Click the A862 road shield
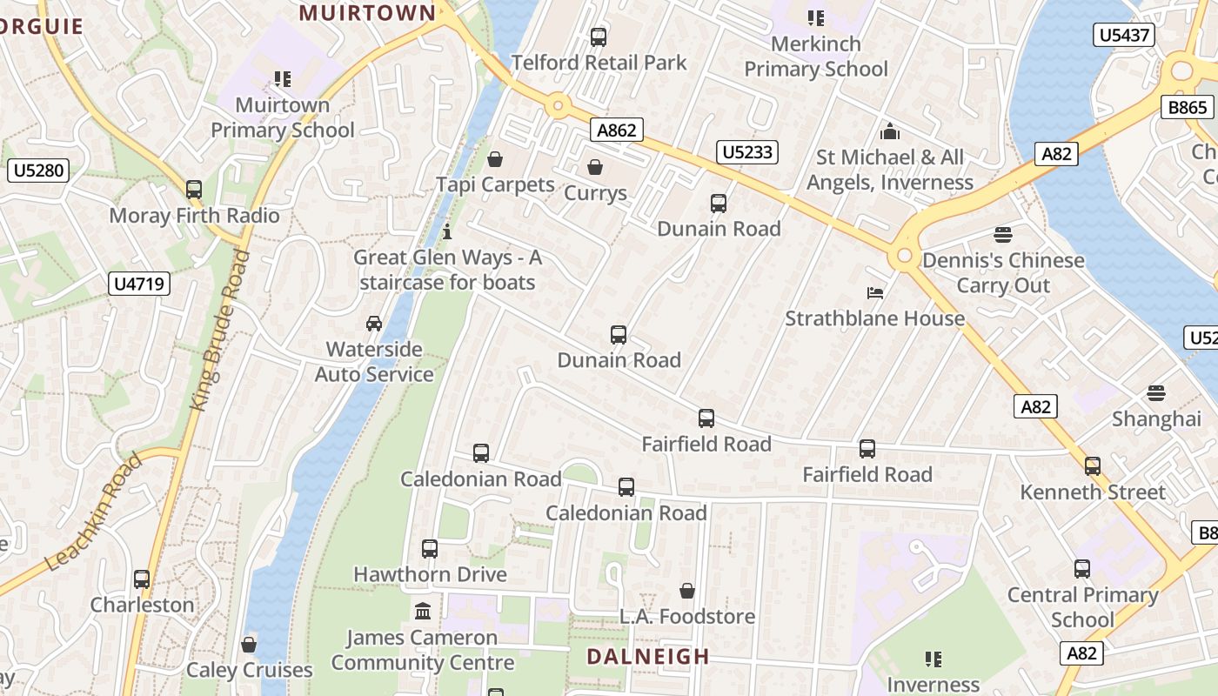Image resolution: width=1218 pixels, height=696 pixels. click(x=617, y=130)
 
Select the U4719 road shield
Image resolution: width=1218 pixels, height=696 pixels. click(x=139, y=284)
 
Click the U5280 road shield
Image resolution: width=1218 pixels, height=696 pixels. click(x=38, y=170)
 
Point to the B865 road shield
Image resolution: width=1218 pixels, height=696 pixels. click(x=1187, y=107)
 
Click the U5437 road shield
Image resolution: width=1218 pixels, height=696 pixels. click(x=1124, y=36)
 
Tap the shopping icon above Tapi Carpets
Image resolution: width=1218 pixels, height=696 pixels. click(x=495, y=159)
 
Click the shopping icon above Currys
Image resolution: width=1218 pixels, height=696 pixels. click(x=595, y=167)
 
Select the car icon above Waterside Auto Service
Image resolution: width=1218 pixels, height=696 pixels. click(x=374, y=324)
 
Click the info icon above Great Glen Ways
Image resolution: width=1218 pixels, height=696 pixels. click(x=447, y=231)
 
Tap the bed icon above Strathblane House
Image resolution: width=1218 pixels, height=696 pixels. click(x=875, y=292)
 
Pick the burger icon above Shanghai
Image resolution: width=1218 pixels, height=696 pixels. click(x=1156, y=393)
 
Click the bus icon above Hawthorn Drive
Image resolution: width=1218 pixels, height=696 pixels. click(x=430, y=549)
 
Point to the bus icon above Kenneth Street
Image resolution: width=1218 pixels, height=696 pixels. click(x=1093, y=466)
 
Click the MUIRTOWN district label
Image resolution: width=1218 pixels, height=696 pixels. click(x=367, y=13)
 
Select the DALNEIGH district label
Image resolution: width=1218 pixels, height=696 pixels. click(x=647, y=656)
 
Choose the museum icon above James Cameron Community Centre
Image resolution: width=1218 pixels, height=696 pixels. click(x=424, y=612)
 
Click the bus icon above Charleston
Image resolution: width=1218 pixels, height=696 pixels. click(x=142, y=579)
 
